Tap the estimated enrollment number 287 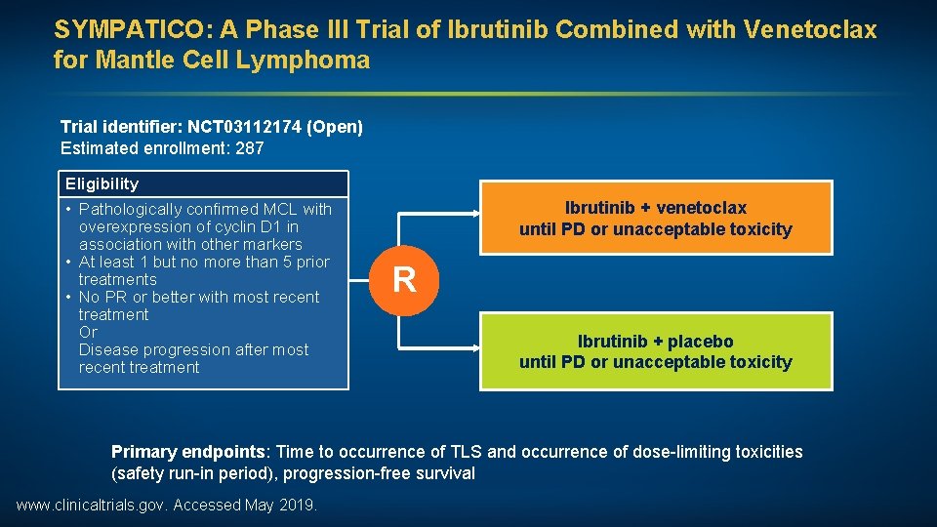click(250, 149)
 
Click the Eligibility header click(102, 183)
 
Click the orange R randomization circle click(404, 280)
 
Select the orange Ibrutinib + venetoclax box click(655, 219)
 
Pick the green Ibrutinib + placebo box click(655, 351)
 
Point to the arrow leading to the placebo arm click(439, 346)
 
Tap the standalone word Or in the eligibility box click(89, 332)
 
